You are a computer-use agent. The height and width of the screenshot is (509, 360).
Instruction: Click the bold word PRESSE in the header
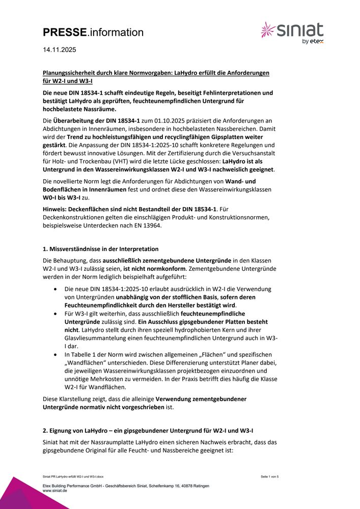(65, 33)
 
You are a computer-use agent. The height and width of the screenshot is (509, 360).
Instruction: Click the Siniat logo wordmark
(300, 30)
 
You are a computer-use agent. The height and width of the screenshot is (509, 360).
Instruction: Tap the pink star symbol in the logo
(268, 30)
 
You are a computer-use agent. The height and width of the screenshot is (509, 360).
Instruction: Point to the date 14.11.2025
(60, 50)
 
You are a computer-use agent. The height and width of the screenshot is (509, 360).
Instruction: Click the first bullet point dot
(56, 289)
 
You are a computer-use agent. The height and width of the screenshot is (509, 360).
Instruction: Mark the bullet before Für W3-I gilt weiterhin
(56, 314)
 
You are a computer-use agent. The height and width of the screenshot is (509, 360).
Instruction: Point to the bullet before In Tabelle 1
(56, 354)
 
